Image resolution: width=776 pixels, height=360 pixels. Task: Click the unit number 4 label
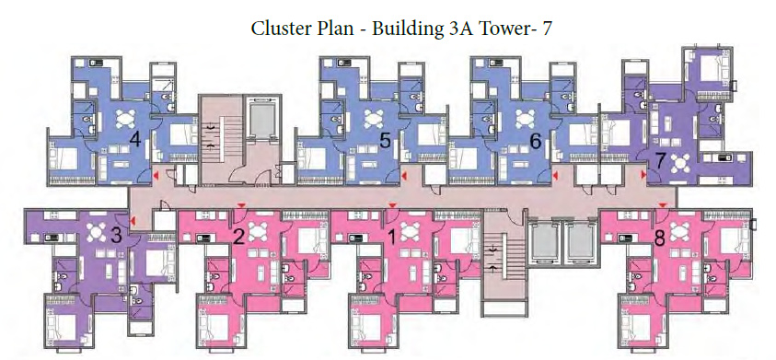135,140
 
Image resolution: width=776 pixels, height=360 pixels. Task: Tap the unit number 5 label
386,141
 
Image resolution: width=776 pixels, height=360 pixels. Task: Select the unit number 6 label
535,141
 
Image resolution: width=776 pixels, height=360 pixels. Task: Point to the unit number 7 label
660,159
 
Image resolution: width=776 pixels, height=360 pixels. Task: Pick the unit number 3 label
116,235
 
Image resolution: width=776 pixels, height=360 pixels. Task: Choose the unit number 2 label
238,237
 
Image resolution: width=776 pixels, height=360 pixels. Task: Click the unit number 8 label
658,237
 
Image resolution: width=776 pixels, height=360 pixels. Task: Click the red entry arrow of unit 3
133,219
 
